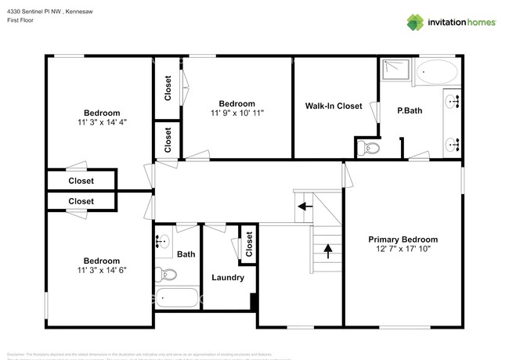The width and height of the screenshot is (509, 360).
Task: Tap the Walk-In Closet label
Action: pos(334,106)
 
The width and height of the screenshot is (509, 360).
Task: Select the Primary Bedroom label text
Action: pos(403,239)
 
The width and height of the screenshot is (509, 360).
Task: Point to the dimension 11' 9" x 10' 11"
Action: pos(236,113)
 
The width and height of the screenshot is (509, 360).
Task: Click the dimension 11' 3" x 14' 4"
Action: pos(102,122)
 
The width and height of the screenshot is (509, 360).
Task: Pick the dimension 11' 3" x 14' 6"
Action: pos(102,270)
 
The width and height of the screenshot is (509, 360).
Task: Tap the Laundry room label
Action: pos(228,277)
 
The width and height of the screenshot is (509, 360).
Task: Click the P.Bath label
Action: pos(410,110)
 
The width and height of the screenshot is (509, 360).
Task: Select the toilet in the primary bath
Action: pos(369,147)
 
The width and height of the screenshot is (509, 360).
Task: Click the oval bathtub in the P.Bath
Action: pos(436,74)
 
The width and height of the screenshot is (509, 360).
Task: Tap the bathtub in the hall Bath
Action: pos(177,298)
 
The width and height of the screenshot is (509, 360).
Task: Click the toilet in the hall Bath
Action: pos(167,274)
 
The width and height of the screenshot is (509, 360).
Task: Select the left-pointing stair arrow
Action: pos(302,207)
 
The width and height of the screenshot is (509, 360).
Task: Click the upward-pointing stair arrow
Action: pos(327,251)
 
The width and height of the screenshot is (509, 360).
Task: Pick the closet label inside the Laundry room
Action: pos(248,244)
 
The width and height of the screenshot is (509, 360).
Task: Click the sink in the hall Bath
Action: pos(162,243)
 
